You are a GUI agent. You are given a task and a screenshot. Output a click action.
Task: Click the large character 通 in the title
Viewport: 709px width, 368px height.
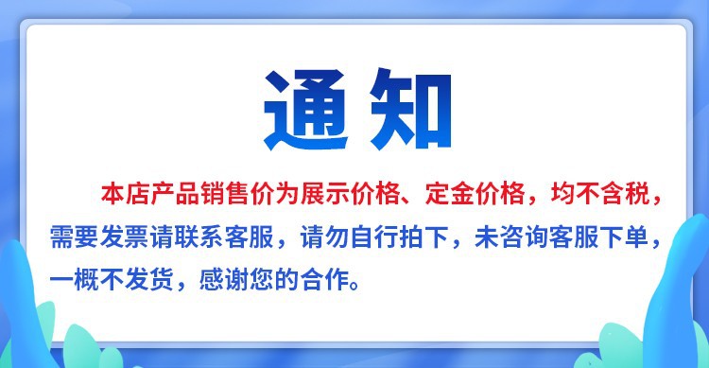click(302, 112)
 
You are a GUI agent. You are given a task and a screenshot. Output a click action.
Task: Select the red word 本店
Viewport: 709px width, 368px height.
click(120, 195)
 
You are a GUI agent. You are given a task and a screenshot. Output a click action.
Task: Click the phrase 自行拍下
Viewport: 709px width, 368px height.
click(401, 238)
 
